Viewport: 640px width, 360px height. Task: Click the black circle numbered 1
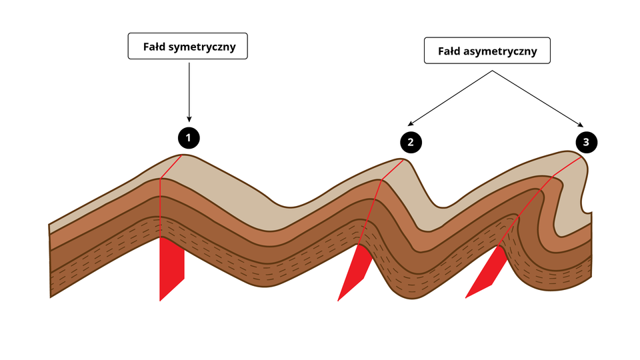coord(189,138)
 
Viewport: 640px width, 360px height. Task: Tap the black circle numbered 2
coord(411,141)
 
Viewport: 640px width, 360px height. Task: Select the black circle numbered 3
coord(586,141)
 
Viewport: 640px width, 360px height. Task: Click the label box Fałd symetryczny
coord(187,47)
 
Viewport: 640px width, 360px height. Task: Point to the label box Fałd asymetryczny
coord(487,50)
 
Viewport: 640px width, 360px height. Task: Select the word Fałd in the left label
coord(154,47)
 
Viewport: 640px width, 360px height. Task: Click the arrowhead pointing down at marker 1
coord(189,119)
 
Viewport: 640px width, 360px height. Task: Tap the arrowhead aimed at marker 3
coord(581,124)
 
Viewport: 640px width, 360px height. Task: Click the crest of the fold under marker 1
coord(183,156)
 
